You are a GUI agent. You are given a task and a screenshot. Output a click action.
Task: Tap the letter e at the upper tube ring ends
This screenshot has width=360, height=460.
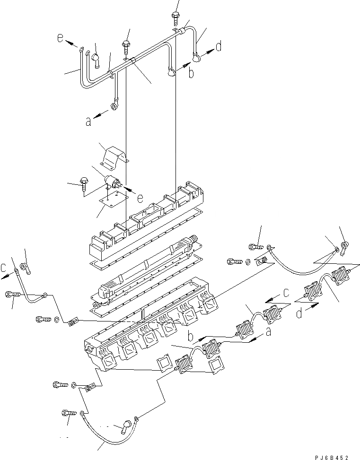click(61, 39)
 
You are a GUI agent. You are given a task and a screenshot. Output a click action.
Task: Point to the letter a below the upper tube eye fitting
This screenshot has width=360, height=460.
click(88, 122)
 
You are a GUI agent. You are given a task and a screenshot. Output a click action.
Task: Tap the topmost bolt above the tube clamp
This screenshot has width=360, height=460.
click(174, 17)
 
